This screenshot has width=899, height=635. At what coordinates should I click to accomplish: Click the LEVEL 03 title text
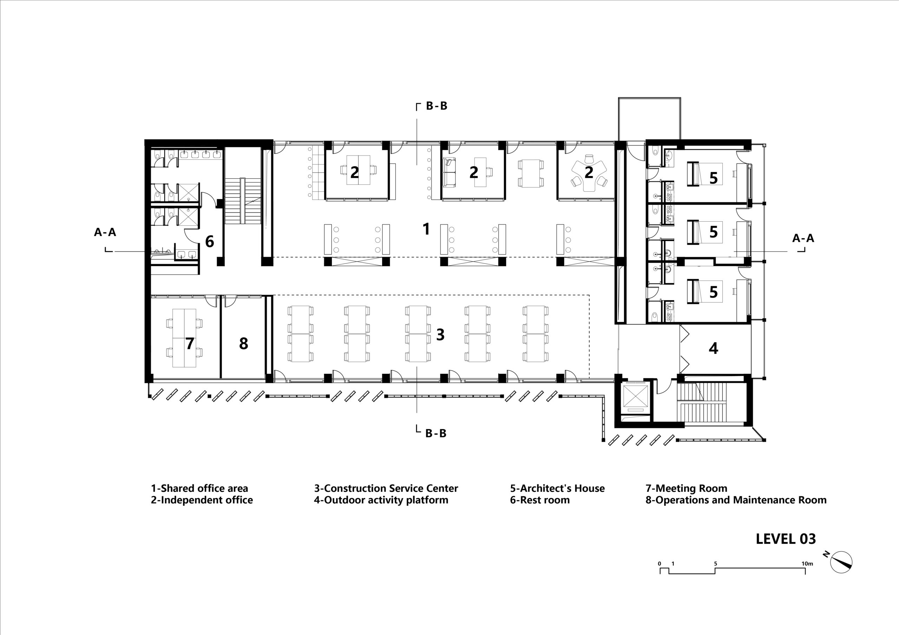pos(786,539)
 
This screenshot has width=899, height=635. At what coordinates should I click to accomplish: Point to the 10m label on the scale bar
pos(807,564)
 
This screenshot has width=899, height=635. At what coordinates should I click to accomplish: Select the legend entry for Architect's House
pos(557,488)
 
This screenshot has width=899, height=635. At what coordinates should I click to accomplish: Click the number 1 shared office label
pos(426,229)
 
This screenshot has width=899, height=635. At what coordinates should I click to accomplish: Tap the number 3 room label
pos(440,334)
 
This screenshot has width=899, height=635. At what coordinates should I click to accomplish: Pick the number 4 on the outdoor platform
pos(713,348)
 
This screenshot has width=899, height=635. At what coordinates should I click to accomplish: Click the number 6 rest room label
pos(210,242)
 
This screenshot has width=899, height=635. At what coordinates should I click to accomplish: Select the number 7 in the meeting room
pos(190,343)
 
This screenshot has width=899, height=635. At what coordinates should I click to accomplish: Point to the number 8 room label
pos(244,343)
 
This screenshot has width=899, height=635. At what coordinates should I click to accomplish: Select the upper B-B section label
pos(436,106)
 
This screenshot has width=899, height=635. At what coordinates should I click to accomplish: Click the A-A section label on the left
pos(105,232)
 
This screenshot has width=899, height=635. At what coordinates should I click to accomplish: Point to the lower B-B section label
pos(436,433)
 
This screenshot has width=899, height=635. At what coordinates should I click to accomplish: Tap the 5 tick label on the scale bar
pos(715,564)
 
